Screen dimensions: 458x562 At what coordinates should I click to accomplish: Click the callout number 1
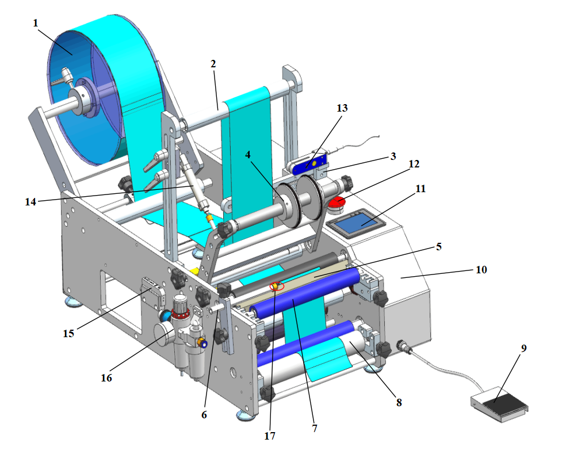click(36, 23)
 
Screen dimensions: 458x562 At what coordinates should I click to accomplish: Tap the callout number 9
click(524, 349)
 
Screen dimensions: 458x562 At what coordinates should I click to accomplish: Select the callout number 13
click(343, 108)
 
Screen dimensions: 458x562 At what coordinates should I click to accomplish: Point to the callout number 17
click(270, 436)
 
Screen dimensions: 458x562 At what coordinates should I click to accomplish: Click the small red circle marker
click(277, 286)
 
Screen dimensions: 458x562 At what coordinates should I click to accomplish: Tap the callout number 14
click(31, 202)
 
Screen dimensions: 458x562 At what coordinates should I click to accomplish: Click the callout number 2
click(213, 64)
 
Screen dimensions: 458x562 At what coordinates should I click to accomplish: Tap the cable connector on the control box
click(404, 348)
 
